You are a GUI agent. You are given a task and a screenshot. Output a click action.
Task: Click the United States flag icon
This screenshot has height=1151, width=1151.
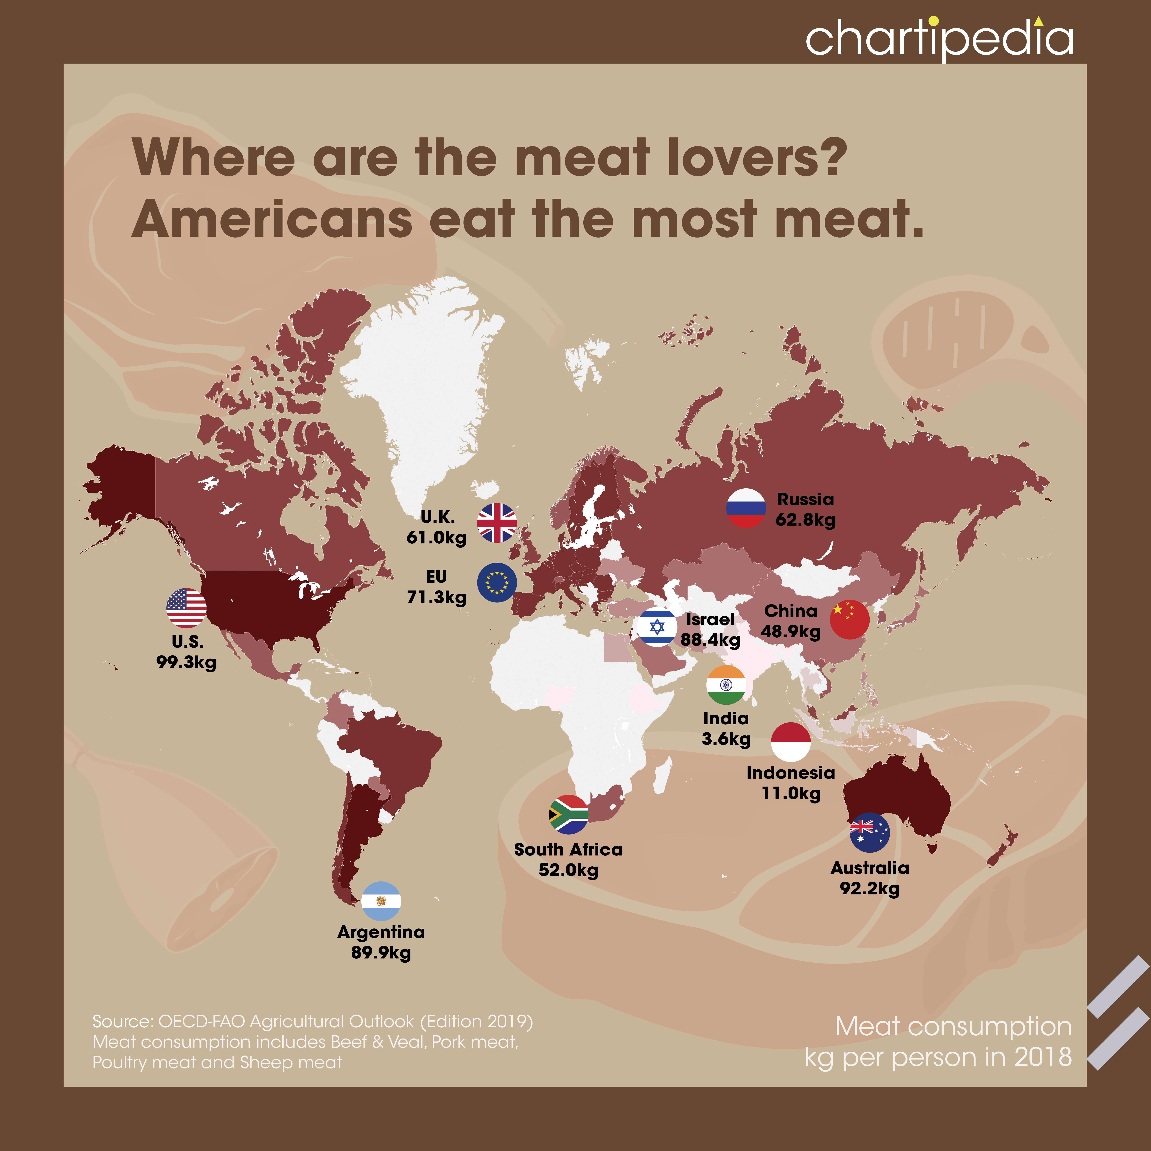click(x=187, y=608)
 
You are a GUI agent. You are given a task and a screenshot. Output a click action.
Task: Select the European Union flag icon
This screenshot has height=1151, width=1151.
click(x=497, y=583)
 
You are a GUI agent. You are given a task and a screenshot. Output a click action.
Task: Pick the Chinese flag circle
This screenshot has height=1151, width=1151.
click(x=850, y=620)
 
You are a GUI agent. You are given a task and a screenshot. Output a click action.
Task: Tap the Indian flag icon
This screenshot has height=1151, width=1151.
click(x=726, y=685)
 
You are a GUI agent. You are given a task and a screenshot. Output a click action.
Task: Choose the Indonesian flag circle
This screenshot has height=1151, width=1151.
click(x=791, y=742)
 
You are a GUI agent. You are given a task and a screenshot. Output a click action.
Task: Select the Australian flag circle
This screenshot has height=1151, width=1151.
click(x=870, y=832)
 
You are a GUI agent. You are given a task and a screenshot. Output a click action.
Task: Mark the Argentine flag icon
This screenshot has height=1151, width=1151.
click(x=381, y=901)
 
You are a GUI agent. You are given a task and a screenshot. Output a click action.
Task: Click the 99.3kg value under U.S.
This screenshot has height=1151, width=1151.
click(x=187, y=662)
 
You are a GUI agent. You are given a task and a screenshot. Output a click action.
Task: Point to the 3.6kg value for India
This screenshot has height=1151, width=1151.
click(x=726, y=739)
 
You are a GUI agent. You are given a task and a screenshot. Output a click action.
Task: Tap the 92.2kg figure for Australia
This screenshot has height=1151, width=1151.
click(x=870, y=889)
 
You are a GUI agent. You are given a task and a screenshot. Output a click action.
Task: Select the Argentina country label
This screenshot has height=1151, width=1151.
click(x=381, y=932)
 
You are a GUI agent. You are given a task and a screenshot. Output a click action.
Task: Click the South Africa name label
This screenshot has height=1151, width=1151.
click(x=568, y=850)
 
